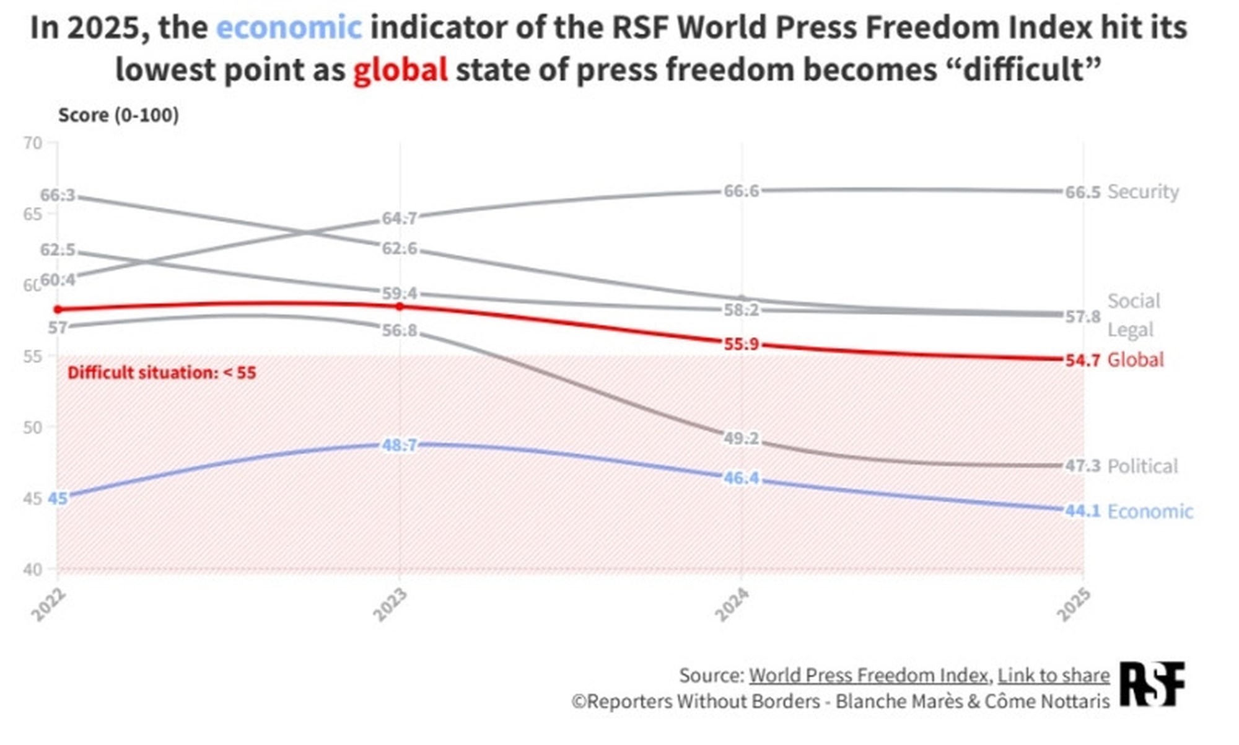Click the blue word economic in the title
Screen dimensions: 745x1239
click(289, 28)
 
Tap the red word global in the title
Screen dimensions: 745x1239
click(400, 69)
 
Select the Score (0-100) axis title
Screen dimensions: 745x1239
click(118, 115)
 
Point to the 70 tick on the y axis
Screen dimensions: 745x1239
click(33, 143)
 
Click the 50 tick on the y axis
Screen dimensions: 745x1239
click(33, 427)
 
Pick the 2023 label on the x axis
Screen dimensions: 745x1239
click(390, 604)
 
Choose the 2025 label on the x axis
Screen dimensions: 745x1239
click(1074, 604)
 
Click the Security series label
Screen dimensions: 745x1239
click(1143, 192)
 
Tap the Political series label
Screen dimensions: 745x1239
click(1142, 466)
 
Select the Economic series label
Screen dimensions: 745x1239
click(1150, 511)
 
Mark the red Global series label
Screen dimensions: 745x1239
click(1136, 359)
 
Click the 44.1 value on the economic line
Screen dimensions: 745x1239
click(1082, 511)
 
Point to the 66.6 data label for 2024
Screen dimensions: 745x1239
click(741, 191)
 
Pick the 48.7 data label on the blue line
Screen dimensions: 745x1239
click(400, 445)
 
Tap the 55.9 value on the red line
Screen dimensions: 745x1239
click(741, 344)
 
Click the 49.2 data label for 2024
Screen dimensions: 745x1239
click(741, 439)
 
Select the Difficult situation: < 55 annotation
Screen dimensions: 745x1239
click(162, 372)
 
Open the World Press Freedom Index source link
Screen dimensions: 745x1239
click(868, 675)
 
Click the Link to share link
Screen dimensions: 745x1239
click(1053, 675)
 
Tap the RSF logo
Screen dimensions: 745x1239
click(1152, 684)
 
